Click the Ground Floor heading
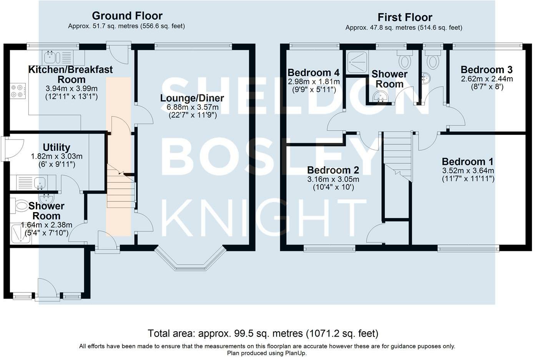click(127, 16)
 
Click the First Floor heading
click(405, 17)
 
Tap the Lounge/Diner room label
click(192, 98)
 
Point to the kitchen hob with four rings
click(18, 91)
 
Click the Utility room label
click(56, 148)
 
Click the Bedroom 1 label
click(468, 162)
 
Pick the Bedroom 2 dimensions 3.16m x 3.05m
click(333, 179)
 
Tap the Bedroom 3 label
click(486, 70)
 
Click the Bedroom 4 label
click(313, 73)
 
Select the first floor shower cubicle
click(357, 61)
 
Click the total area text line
click(263, 333)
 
